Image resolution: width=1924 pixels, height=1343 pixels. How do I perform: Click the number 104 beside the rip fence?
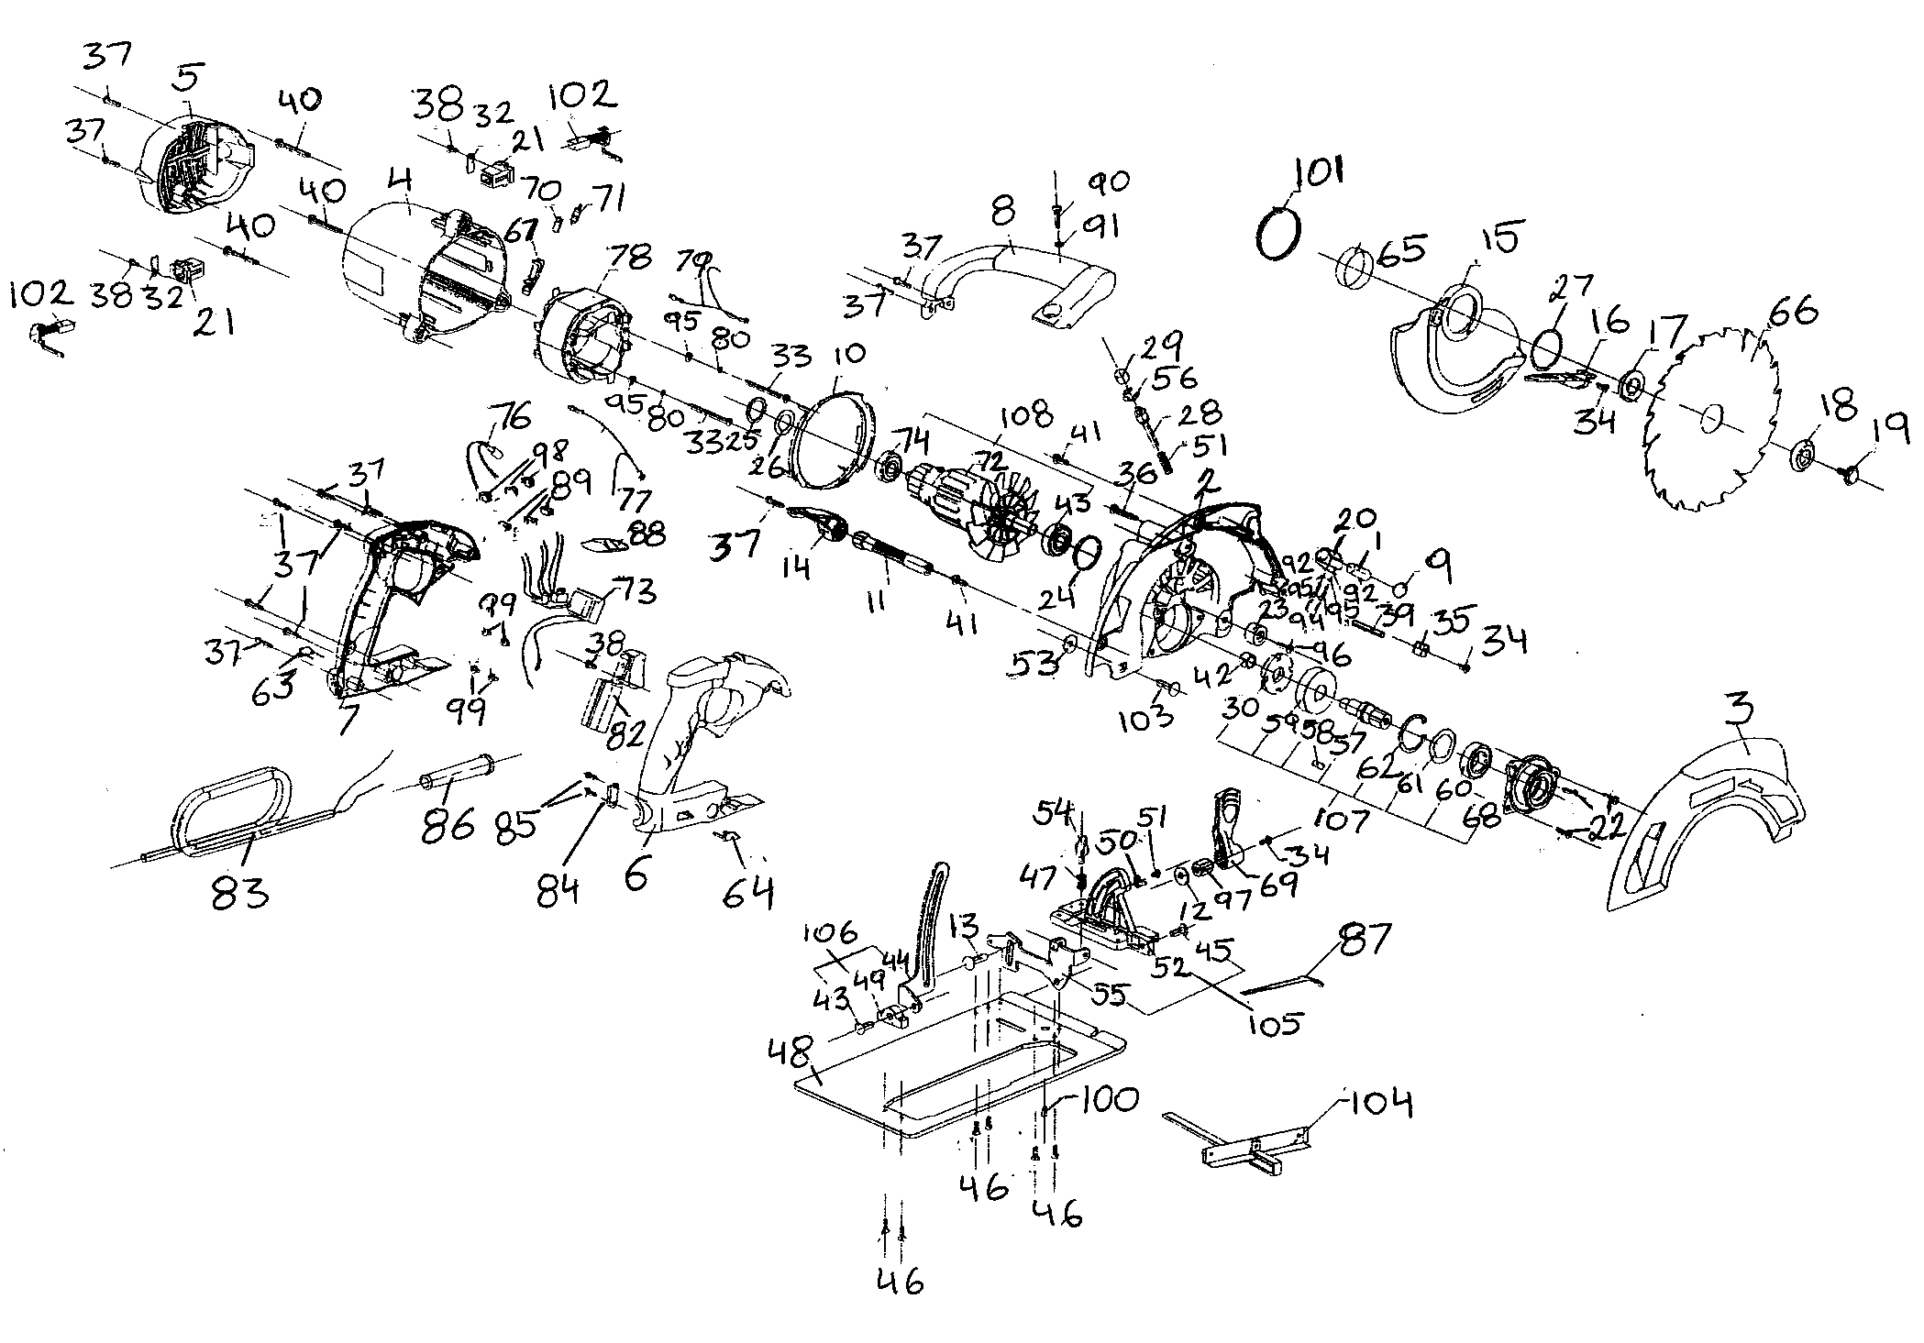click(x=1377, y=1104)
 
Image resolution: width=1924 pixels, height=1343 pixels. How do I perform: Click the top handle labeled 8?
click(x=1018, y=275)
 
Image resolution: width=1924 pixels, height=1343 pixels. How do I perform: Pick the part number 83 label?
click(x=240, y=891)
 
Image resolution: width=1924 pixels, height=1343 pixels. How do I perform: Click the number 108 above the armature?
click(x=1027, y=414)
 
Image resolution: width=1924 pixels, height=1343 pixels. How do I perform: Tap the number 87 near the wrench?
click(x=1366, y=939)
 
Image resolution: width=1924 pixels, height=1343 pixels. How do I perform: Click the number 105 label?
click(x=1274, y=1023)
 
